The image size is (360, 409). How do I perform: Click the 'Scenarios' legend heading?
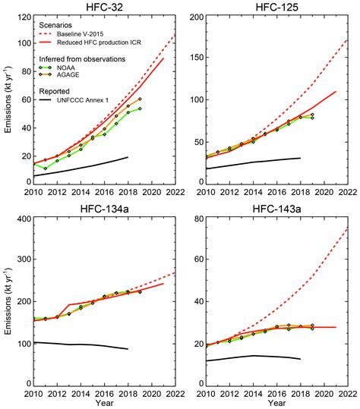(x=59, y=25)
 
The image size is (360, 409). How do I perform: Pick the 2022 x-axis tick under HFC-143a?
(x=347, y=394)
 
